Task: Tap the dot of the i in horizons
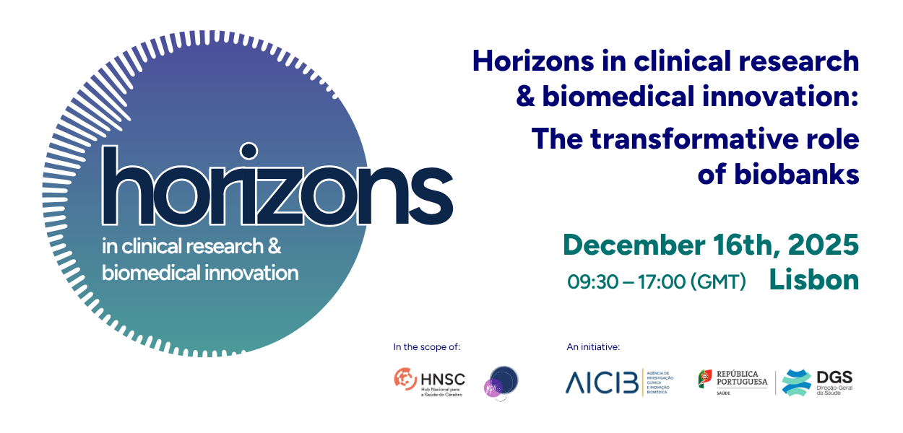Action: tap(248, 151)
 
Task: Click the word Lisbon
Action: tap(814, 280)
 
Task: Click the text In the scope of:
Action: tap(426, 347)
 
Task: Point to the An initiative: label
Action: tap(593, 347)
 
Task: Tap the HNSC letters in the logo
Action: tap(442, 378)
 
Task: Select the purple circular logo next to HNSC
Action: tap(501, 382)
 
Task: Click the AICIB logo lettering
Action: tap(602, 382)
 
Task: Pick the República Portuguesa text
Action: tap(742, 378)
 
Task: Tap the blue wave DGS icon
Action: tap(796, 382)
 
